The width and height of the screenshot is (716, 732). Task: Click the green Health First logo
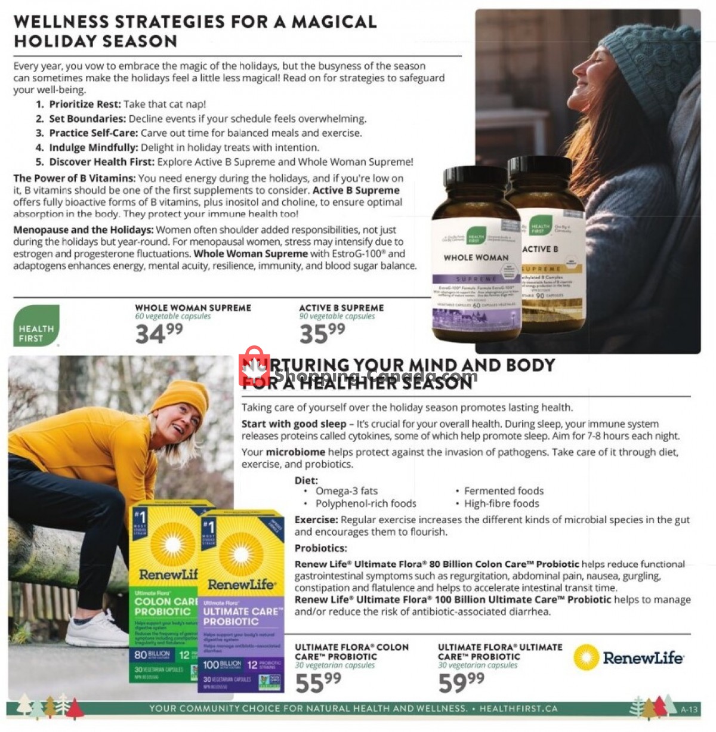click(36, 326)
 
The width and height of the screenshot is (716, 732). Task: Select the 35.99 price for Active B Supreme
click(322, 333)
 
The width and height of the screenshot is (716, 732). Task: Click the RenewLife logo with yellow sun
click(628, 658)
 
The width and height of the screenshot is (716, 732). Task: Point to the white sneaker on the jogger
click(95, 631)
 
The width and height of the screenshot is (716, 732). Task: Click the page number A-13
click(689, 709)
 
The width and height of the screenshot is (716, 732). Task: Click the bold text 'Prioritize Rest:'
click(85, 104)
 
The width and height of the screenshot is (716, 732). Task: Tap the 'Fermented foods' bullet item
click(504, 491)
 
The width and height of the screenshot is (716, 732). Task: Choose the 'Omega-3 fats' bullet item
click(346, 491)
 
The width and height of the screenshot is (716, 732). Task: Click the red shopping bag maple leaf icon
click(254, 367)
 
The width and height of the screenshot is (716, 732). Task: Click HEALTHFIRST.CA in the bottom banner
click(518, 709)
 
